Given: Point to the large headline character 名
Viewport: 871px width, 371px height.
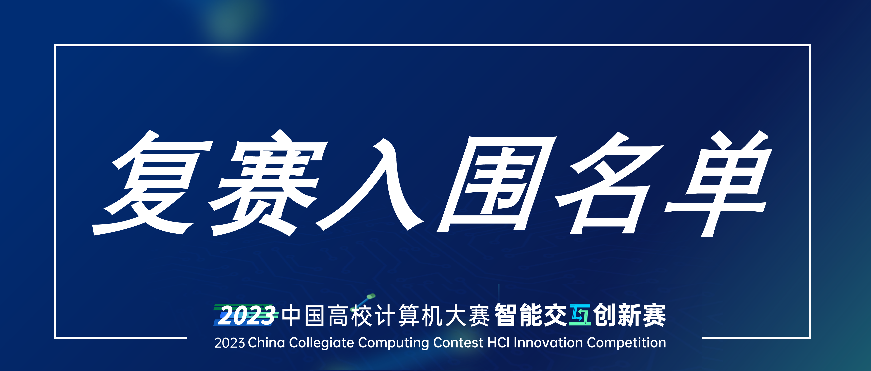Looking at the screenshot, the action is (609, 183).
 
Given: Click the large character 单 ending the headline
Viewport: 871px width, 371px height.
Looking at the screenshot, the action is (718, 183).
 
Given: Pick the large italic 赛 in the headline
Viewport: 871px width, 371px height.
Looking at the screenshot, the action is (269, 183).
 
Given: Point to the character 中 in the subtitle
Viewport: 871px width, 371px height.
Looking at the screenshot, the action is (291, 316).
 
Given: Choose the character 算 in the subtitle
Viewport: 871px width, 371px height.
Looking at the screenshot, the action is (409, 316).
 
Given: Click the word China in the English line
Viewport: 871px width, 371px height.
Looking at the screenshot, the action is (266, 342).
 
